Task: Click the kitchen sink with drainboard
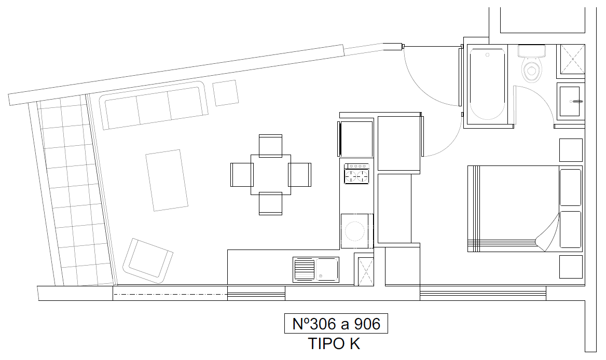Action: coord(316,269)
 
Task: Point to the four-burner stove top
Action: coord(357,174)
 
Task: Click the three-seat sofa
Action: coord(154,105)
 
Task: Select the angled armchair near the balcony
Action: coord(148,261)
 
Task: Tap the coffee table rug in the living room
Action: coord(167,181)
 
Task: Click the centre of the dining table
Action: coord(271,175)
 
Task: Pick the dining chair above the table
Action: coord(270,146)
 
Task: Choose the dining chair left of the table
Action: coord(242,175)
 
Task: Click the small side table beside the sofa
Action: coord(226,93)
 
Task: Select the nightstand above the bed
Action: coord(571,150)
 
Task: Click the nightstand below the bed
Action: coord(571,267)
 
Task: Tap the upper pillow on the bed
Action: coord(570,187)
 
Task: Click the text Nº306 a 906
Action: coord(336,324)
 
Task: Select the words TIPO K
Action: coord(334,344)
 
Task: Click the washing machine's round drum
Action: coord(355,231)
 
